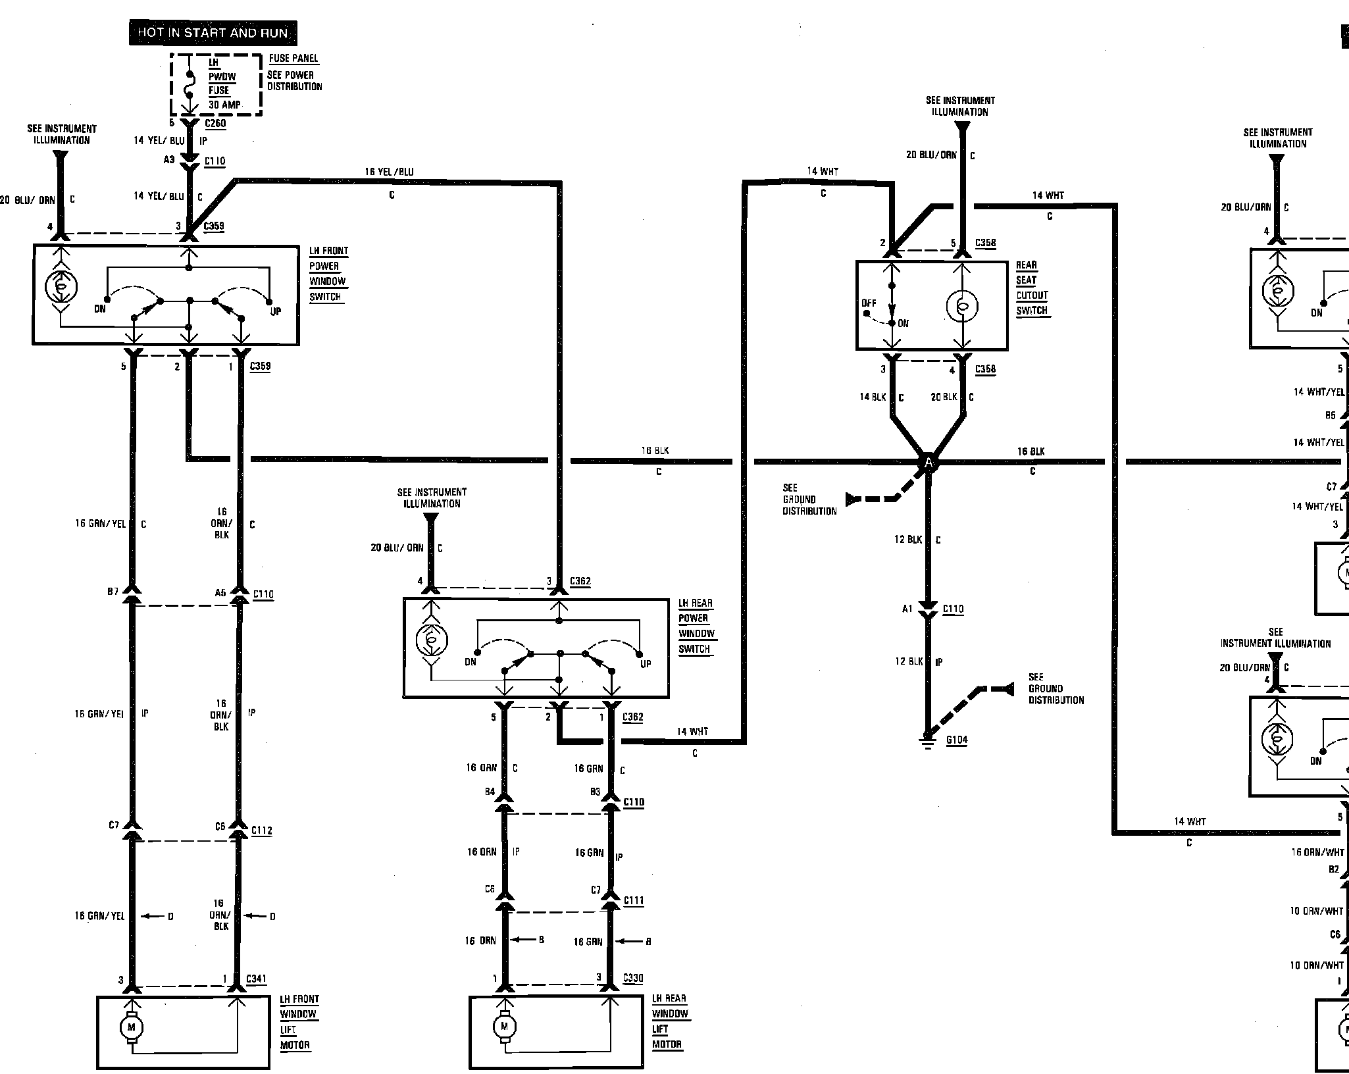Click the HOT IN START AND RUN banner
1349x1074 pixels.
click(213, 33)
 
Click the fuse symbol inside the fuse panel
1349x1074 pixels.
click(190, 85)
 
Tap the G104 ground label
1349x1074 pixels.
click(957, 740)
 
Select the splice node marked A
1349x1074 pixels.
click(929, 463)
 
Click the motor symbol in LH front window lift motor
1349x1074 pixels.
click(131, 1027)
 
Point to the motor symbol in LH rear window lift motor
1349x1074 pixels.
click(504, 1026)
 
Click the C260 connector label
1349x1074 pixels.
click(215, 123)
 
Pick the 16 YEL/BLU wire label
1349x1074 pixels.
click(389, 172)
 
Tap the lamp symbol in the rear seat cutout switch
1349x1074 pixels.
click(962, 305)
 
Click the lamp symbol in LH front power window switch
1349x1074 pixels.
click(61, 287)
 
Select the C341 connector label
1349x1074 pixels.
click(256, 979)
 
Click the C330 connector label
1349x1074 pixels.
click(633, 978)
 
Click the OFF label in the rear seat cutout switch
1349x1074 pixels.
click(869, 303)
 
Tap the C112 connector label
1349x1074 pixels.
click(261, 831)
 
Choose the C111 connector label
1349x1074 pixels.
click(634, 900)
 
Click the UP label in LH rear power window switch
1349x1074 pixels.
click(646, 663)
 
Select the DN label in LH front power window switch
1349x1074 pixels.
click(100, 309)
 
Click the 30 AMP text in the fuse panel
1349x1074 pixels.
click(224, 105)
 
